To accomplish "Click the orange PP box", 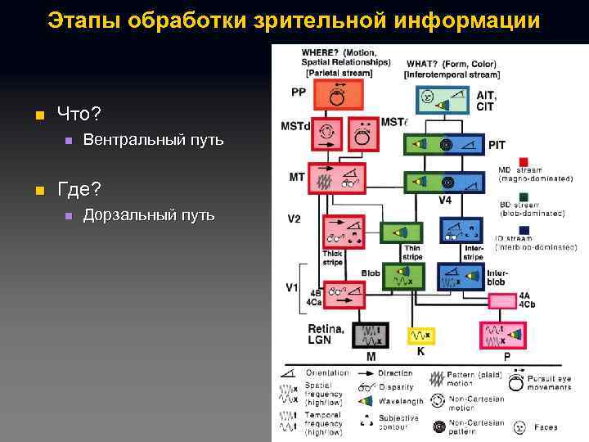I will coord(335,95).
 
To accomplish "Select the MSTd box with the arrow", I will coord(327,133).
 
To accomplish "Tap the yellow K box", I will coord(420,336).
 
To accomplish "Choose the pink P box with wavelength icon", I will coord(500,336).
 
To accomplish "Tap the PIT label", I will coord(497,145).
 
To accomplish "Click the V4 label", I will coord(445,200).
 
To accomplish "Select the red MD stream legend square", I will coord(523,161).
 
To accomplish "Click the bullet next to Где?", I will coord(38,191).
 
